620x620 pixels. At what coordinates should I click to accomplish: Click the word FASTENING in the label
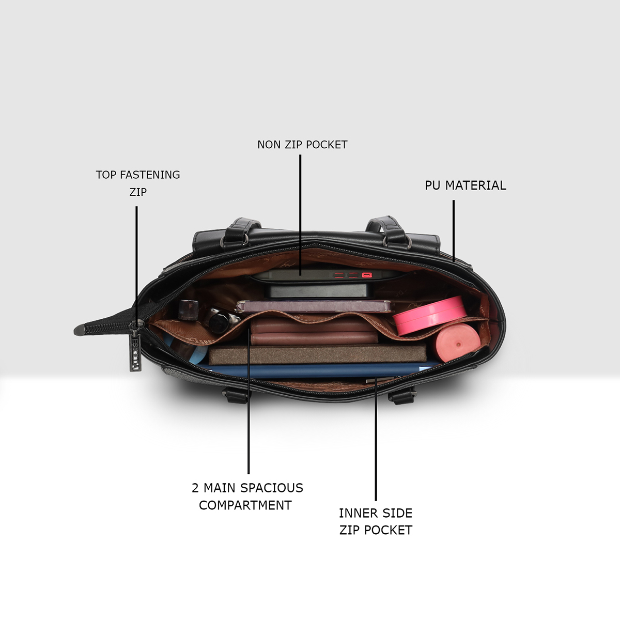pyautogui.click(x=150, y=175)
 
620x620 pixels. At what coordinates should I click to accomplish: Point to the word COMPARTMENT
pyautogui.click(x=245, y=505)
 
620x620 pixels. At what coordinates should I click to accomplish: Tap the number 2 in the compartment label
pyautogui.click(x=195, y=488)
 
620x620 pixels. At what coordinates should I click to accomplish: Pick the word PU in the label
pyautogui.click(x=433, y=185)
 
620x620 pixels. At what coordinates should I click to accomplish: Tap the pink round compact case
pyautogui.click(x=429, y=315)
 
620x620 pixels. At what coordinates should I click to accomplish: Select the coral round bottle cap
pyautogui.click(x=458, y=344)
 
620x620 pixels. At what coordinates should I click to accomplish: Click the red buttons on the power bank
pyautogui.click(x=352, y=275)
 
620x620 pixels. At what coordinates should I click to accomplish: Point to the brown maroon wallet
pyautogui.click(x=314, y=331)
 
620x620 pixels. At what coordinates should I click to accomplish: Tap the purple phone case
pyautogui.click(x=314, y=306)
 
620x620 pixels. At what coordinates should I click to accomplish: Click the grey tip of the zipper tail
pyautogui.click(x=80, y=330)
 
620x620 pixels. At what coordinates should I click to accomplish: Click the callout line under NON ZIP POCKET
pyautogui.click(x=301, y=215)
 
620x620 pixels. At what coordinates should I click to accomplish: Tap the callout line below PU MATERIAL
pyautogui.click(x=454, y=231)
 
